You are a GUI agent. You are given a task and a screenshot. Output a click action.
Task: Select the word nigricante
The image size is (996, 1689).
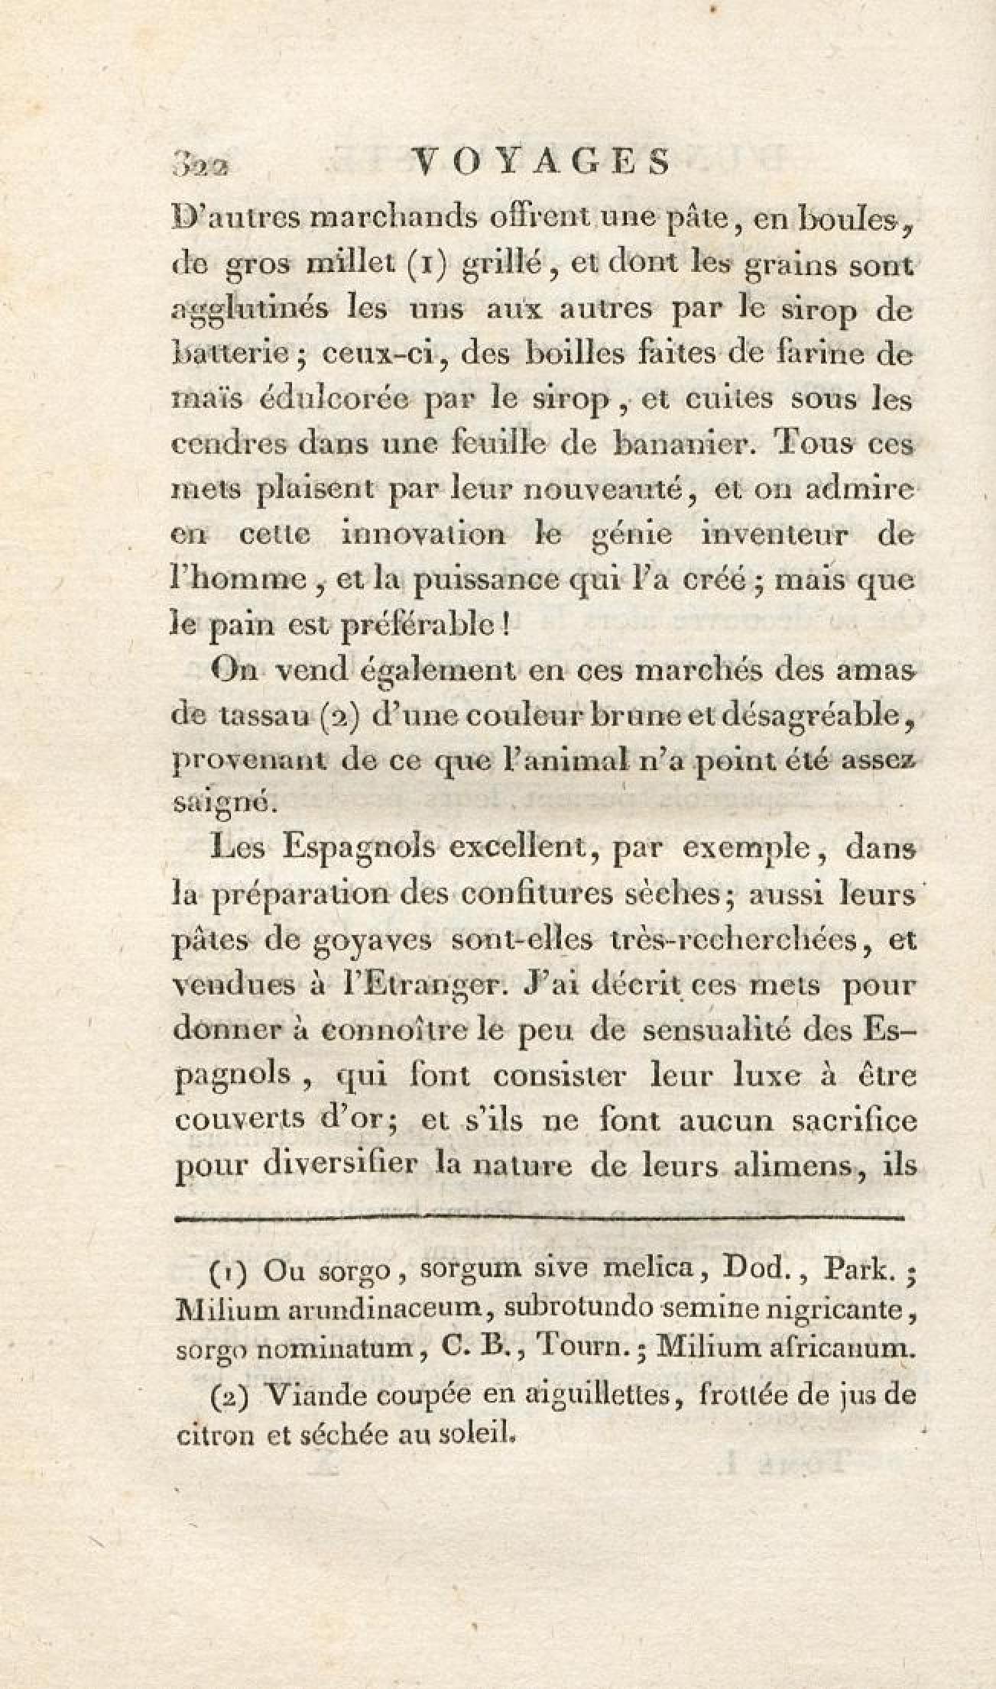(843, 1309)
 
